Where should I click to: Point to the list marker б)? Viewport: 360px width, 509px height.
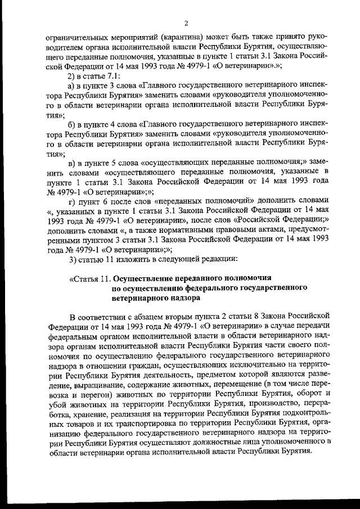pos(71,125)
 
